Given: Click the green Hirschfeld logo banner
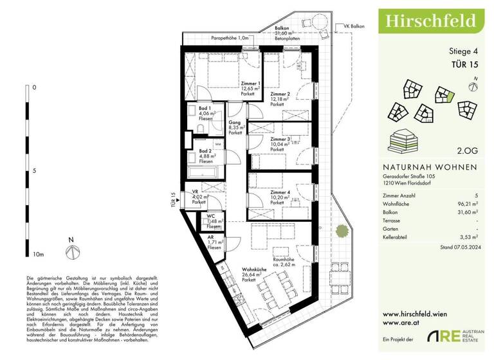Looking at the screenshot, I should (x=430, y=20).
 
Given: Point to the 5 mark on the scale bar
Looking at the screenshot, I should (x=34, y=171).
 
